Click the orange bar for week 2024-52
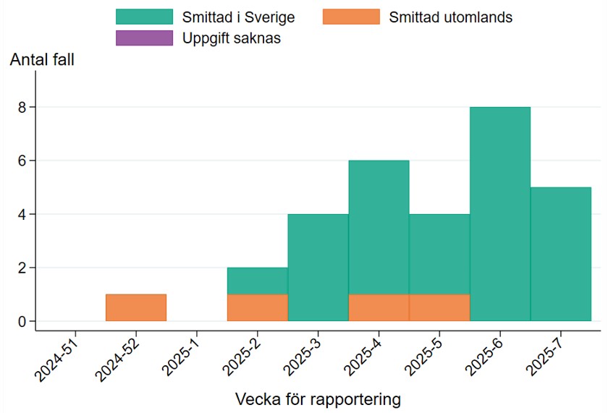click(x=136, y=307)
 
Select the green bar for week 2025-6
click(x=500, y=214)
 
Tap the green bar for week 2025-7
click(x=561, y=254)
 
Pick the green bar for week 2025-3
click(x=318, y=268)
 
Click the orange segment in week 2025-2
click(x=257, y=307)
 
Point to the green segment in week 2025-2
click(x=257, y=281)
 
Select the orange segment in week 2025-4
click(x=379, y=307)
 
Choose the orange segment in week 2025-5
click(x=439, y=307)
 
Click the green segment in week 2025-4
click(x=379, y=227)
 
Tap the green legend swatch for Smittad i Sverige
click(x=144, y=17)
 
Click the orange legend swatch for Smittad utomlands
click(x=351, y=17)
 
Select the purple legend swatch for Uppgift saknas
click(x=144, y=38)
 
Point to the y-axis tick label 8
click(x=22, y=107)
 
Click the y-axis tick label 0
click(x=22, y=321)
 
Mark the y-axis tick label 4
click(x=22, y=214)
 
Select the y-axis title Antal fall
click(x=42, y=61)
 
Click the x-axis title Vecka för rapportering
click(x=318, y=399)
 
